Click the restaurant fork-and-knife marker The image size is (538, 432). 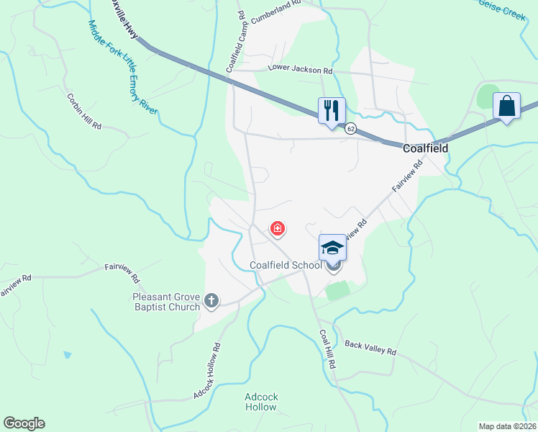(332, 111)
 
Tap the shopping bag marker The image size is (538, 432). (506, 106)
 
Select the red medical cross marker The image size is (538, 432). (277, 230)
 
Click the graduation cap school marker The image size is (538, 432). (332, 248)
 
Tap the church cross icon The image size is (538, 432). (211, 300)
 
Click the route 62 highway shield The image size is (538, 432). (350, 128)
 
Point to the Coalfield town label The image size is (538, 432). (425, 148)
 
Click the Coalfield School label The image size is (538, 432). (286, 265)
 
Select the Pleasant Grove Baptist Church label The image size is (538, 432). (165, 302)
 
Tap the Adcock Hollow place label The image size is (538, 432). (260, 402)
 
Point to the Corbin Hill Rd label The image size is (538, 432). (84, 111)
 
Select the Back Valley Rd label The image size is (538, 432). (370, 348)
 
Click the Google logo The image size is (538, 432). (24, 423)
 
